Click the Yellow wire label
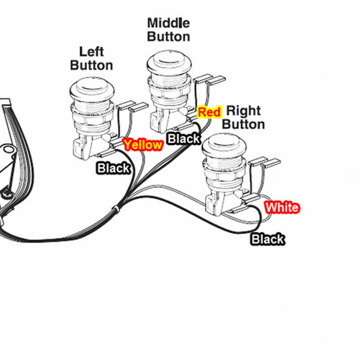tap(143, 145)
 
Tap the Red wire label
tap(209, 112)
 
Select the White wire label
tap(282, 207)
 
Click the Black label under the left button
tap(113, 168)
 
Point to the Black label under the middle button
tap(184, 138)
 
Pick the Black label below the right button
tap(267, 239)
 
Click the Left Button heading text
tap(91, 58)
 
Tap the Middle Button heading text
tap(168, 29)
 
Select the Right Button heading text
tap(243, 117)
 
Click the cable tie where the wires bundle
tap(116, 209)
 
